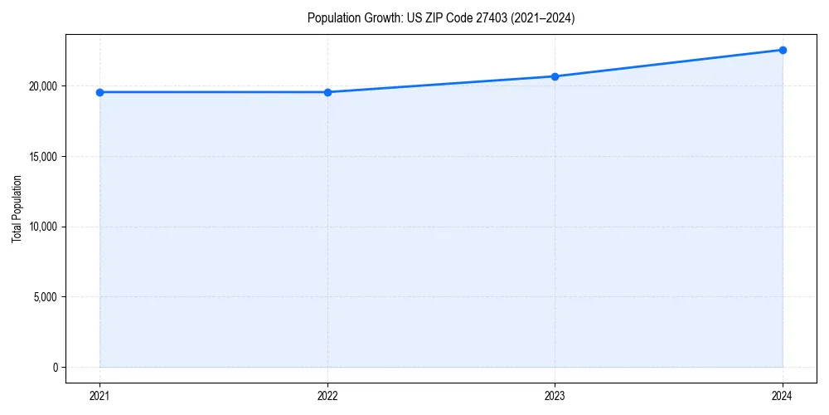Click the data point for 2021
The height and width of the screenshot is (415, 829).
(x=99, y=92)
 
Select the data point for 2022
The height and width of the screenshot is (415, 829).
(x=327, y=92)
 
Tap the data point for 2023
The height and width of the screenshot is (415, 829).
(x=555, y=76)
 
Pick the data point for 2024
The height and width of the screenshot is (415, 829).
(x=783, y=50)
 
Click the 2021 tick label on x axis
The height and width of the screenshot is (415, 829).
(x=99, y=396)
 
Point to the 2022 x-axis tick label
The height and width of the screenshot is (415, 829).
(x=327, y=396)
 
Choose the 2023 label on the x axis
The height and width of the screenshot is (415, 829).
(x=555, y=396)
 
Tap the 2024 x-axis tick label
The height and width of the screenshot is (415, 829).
(x=783, y=396)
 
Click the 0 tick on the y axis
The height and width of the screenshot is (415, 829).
(x=55, y=367)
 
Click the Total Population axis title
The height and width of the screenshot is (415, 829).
(x=17, y=208)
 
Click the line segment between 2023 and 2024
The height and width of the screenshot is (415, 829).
(x=668, y=63)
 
